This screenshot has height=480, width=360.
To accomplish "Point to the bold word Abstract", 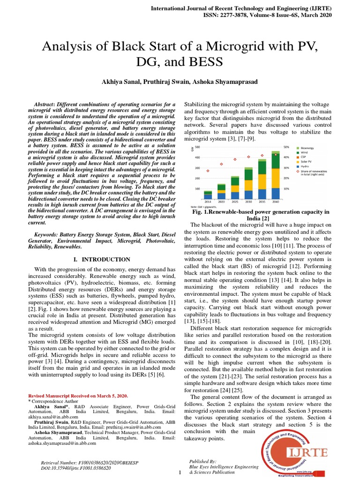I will point(44,104).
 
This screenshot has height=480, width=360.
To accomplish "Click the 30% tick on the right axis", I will point(286,168).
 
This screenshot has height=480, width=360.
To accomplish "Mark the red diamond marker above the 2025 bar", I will point(235,159).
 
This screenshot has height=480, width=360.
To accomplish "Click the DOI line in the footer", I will point(76,468).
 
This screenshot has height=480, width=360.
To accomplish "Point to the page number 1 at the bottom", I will point(180,472).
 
